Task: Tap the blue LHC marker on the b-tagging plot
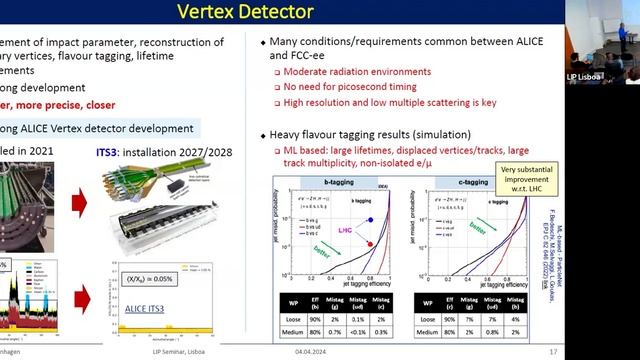coord(372,220)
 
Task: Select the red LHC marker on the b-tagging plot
coord(371,243)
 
